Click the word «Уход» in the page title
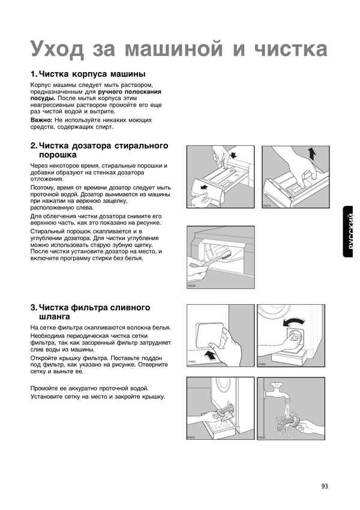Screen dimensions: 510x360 coord(57,47)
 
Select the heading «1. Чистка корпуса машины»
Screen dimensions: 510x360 coord(88,74)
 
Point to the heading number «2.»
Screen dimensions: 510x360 coord(34,146)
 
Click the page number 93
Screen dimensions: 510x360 coord(325,486)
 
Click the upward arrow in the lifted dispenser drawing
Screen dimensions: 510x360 coord(312,154)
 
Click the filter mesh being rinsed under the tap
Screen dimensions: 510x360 coord(287,423)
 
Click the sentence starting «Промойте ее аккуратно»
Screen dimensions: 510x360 coord(89,388)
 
